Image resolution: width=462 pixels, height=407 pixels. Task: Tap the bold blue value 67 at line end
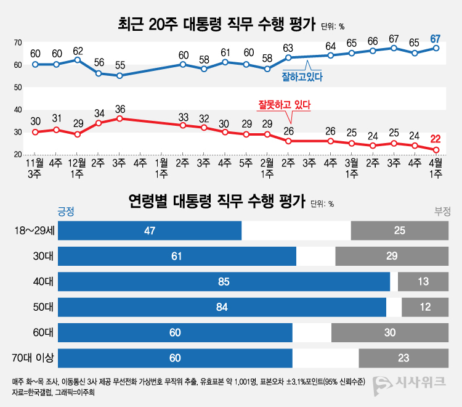coord(436,39)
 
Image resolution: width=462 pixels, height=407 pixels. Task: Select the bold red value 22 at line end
coord(436,139)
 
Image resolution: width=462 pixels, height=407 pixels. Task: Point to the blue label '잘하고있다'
coord(302,77)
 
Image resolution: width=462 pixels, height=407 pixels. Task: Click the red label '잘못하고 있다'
coord(284,105)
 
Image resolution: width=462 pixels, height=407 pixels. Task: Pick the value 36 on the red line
coord(120,109)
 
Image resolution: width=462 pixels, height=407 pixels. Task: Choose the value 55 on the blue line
coord(120,65)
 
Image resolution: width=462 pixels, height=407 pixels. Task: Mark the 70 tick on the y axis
coord(18,42)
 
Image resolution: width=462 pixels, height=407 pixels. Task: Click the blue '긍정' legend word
coord(66,211)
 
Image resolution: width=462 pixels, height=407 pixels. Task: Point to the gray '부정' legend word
coord(442,211)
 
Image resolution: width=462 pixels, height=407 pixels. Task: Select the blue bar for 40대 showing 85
coord(224,281)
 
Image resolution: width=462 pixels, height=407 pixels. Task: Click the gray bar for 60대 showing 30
coord(389,332)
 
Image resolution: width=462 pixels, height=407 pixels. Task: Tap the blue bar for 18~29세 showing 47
coord(150,230)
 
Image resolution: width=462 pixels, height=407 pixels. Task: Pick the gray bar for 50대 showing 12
coord(424,307)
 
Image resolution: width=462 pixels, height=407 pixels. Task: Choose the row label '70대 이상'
coord(36,358)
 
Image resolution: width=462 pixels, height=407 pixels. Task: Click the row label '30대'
coord(43,256)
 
